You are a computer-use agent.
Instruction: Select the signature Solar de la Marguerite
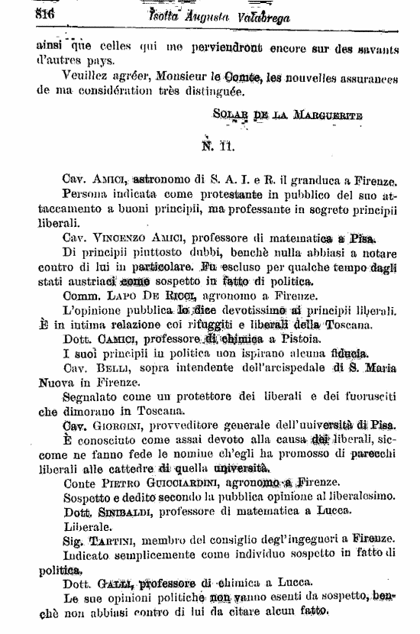288,115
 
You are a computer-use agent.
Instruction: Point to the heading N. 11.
218,144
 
